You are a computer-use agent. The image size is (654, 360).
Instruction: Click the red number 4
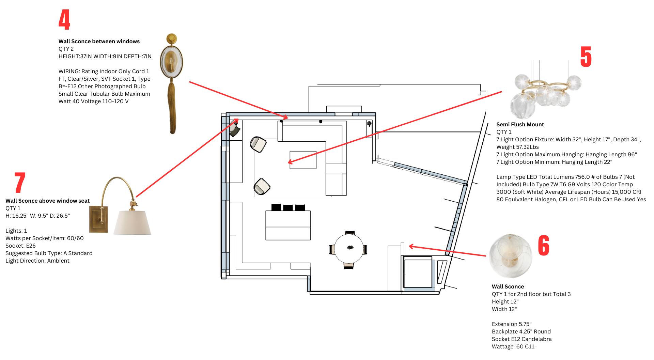point(64,20)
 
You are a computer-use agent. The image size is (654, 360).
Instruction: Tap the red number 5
point(586,57)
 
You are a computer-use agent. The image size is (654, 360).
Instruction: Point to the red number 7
point(20,183)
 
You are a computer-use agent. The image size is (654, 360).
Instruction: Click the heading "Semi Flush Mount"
point(520,125)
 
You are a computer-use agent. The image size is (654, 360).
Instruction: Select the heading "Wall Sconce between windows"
point(99,42)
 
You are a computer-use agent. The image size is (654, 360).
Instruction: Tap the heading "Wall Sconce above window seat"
point(47,201)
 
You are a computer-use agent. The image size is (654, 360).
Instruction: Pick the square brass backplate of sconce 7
point(99,219)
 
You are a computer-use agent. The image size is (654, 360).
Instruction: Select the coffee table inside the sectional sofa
point(303,160)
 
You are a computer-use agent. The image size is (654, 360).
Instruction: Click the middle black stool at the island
point(288,207)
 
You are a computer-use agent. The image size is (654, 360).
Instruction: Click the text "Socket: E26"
point(20,246)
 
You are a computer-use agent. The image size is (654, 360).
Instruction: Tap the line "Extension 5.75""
point(511,324)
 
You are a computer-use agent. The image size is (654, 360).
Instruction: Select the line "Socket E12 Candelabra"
point(521,339)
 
